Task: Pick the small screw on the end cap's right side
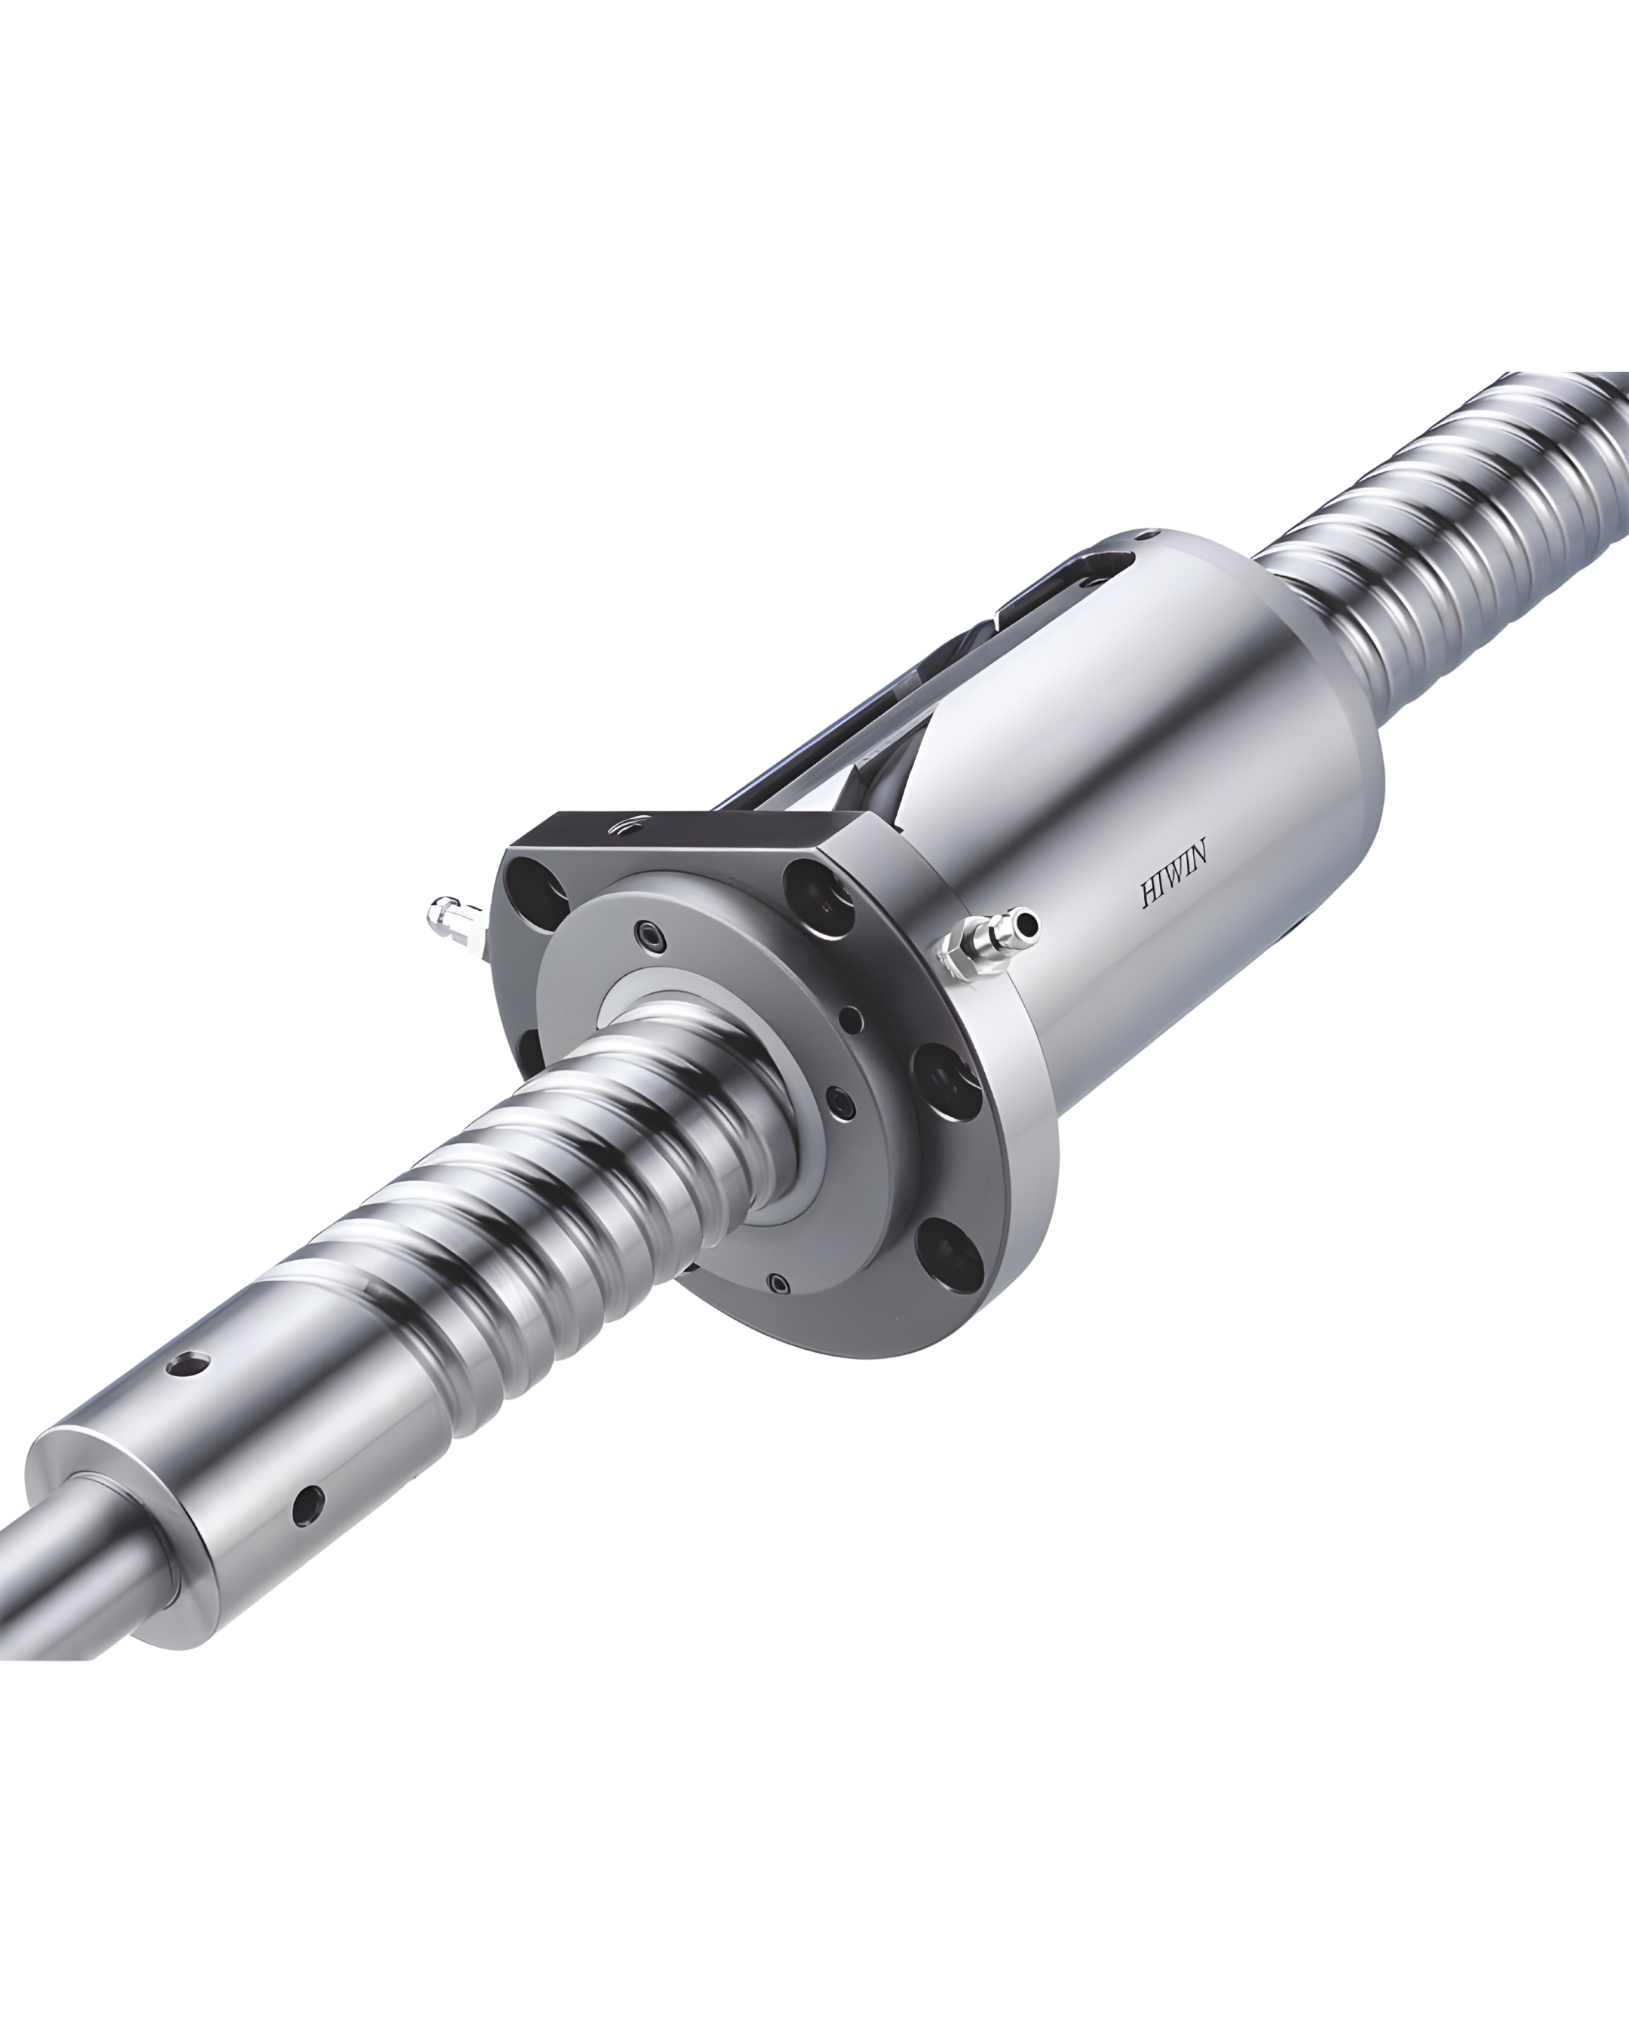click(x=839, y=1103)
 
